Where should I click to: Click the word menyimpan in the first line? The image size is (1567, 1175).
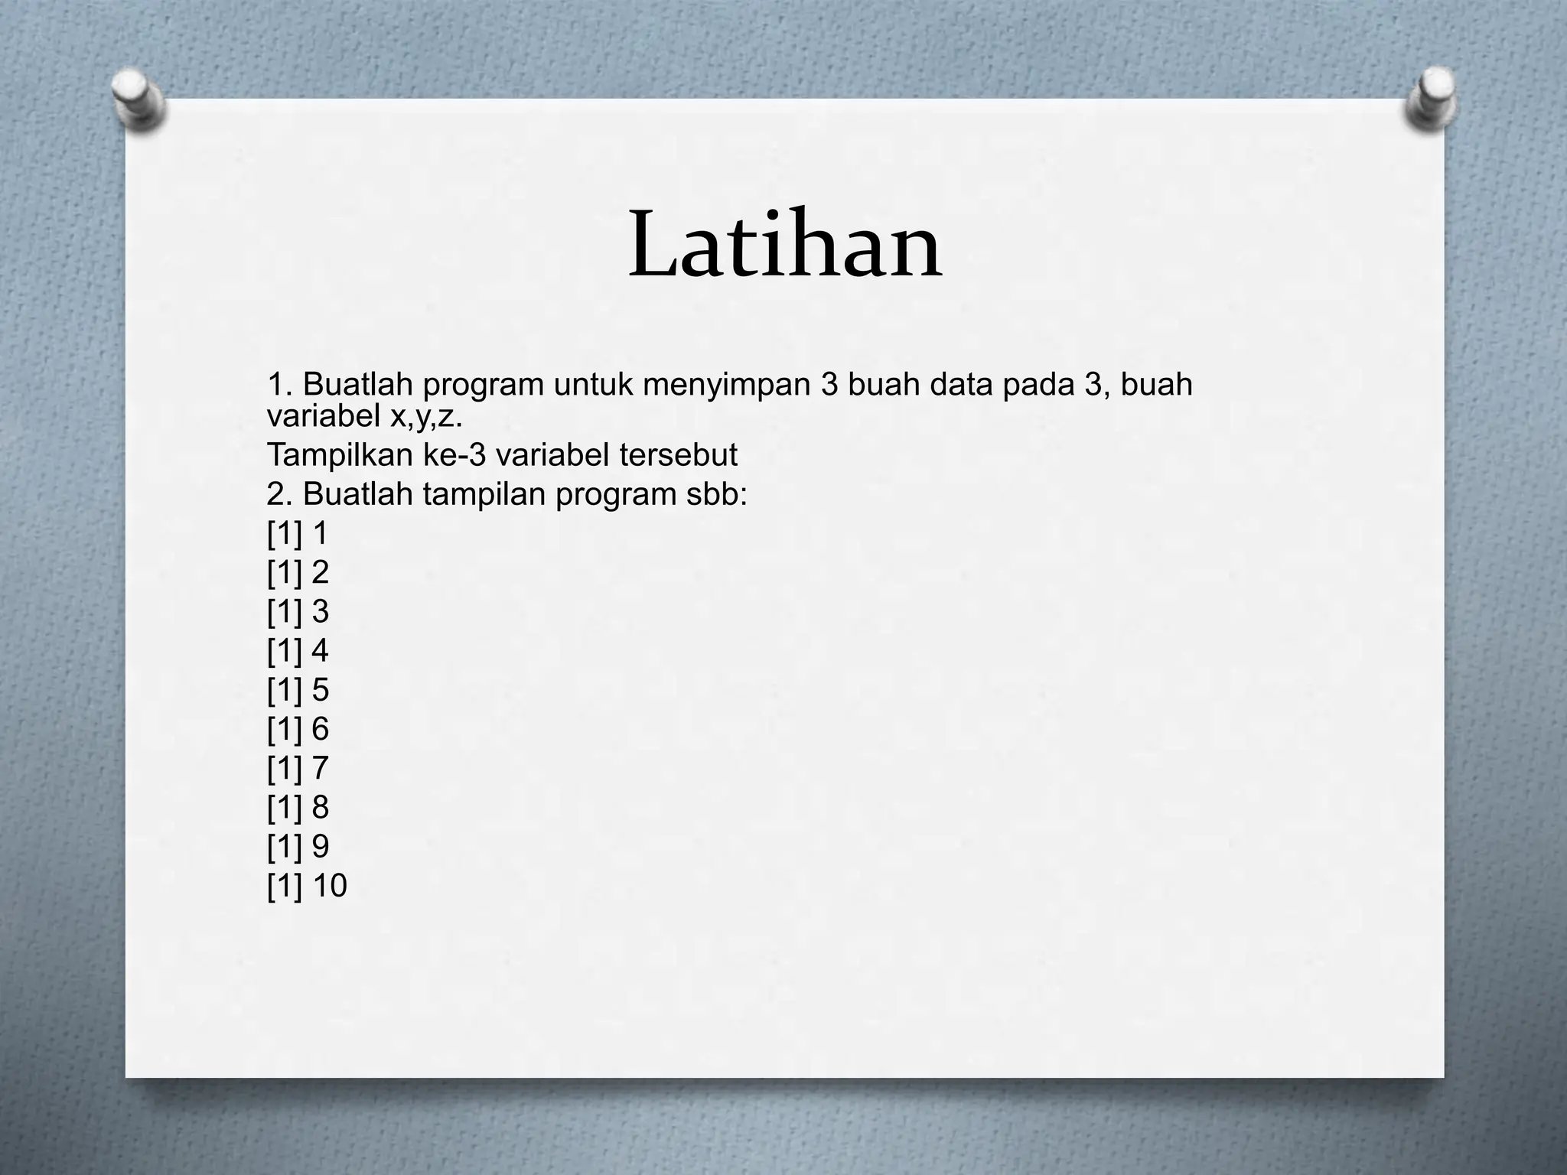[726, 384]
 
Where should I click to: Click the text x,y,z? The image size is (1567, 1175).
[428, 417]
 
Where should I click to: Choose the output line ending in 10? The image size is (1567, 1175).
[307, 886]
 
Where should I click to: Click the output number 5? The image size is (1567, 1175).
[321, 690]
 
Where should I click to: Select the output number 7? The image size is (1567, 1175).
[321, 768]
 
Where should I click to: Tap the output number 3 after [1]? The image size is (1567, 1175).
[321, 612]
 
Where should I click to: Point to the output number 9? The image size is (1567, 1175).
[321, 847]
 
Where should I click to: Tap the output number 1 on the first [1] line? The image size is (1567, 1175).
[321, 533]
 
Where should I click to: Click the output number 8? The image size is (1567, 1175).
[321, 808]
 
